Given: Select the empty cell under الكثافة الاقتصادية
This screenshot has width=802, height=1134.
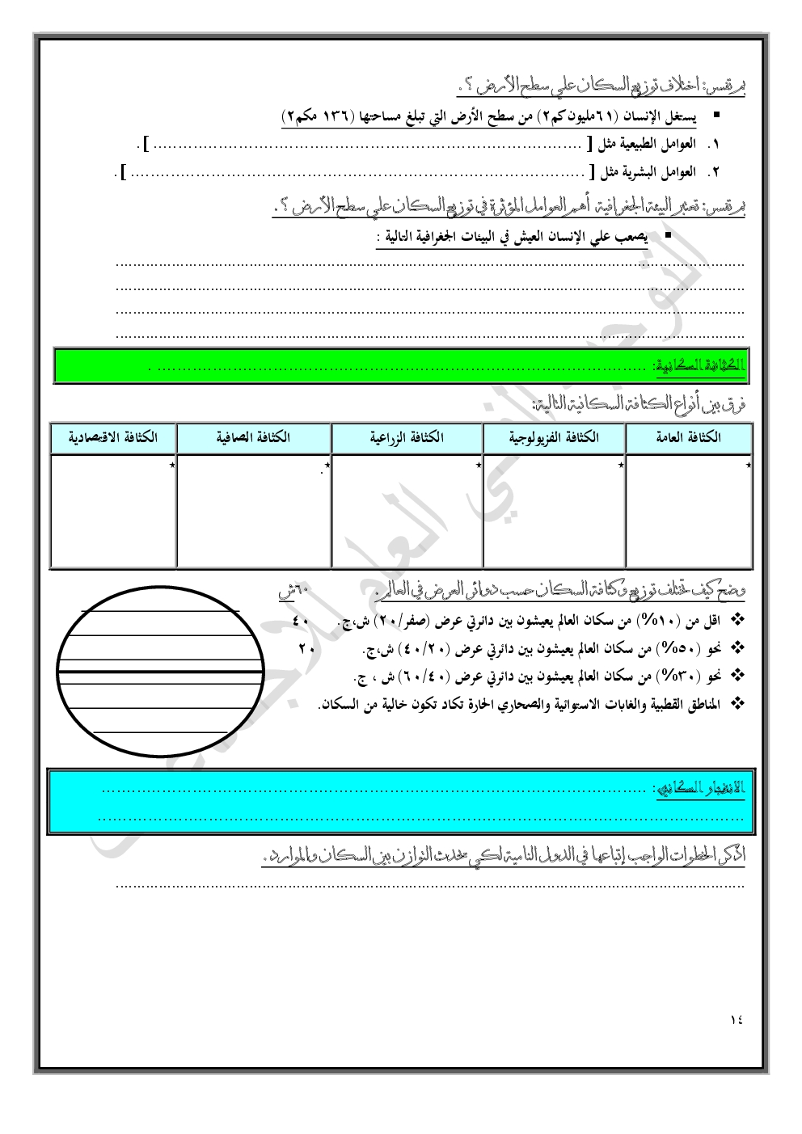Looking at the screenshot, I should click(113, 511).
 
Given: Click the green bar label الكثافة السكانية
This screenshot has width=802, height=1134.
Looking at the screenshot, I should click(700, 365).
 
